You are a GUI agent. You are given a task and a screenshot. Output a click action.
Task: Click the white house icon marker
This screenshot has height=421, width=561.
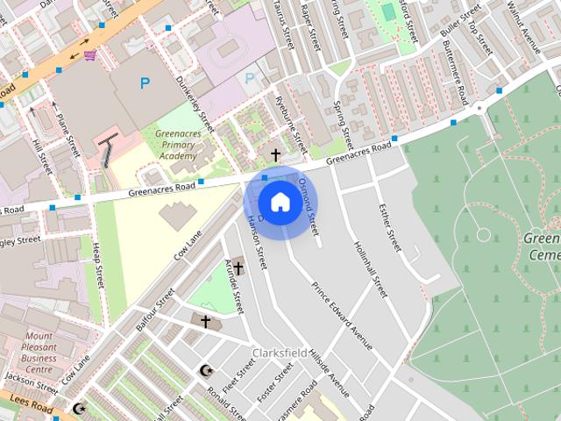[x=280, y=203]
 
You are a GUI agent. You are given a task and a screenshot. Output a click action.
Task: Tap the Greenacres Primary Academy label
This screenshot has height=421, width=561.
[x=172, y=145]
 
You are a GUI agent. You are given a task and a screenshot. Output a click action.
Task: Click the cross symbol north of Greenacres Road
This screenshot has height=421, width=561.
[x=275, y=155]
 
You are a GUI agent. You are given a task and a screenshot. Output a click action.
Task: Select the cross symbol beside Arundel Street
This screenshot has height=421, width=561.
[x=238, y=268]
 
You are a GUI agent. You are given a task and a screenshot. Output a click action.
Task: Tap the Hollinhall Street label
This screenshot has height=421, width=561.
[x=370, y=268]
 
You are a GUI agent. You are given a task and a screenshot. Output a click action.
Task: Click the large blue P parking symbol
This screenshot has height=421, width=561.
[x=145, y=83]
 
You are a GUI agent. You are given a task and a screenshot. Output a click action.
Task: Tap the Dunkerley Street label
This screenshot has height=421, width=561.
[x=195, y=102]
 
